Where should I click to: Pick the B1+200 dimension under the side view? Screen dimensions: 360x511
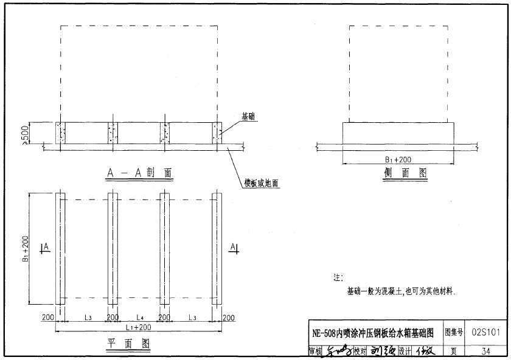(x=398, y=159)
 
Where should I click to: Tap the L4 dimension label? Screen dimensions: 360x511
(x=139, y=317)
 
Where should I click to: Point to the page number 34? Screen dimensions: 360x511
(x=485, y=351)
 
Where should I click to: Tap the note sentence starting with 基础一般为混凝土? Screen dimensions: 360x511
(x=401, y=291)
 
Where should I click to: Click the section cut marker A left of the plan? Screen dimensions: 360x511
(x=44, y=246)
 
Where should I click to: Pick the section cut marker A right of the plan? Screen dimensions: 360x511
(x=235, y=246)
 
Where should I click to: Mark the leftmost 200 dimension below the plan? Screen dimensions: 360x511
(x=48, y=317)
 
